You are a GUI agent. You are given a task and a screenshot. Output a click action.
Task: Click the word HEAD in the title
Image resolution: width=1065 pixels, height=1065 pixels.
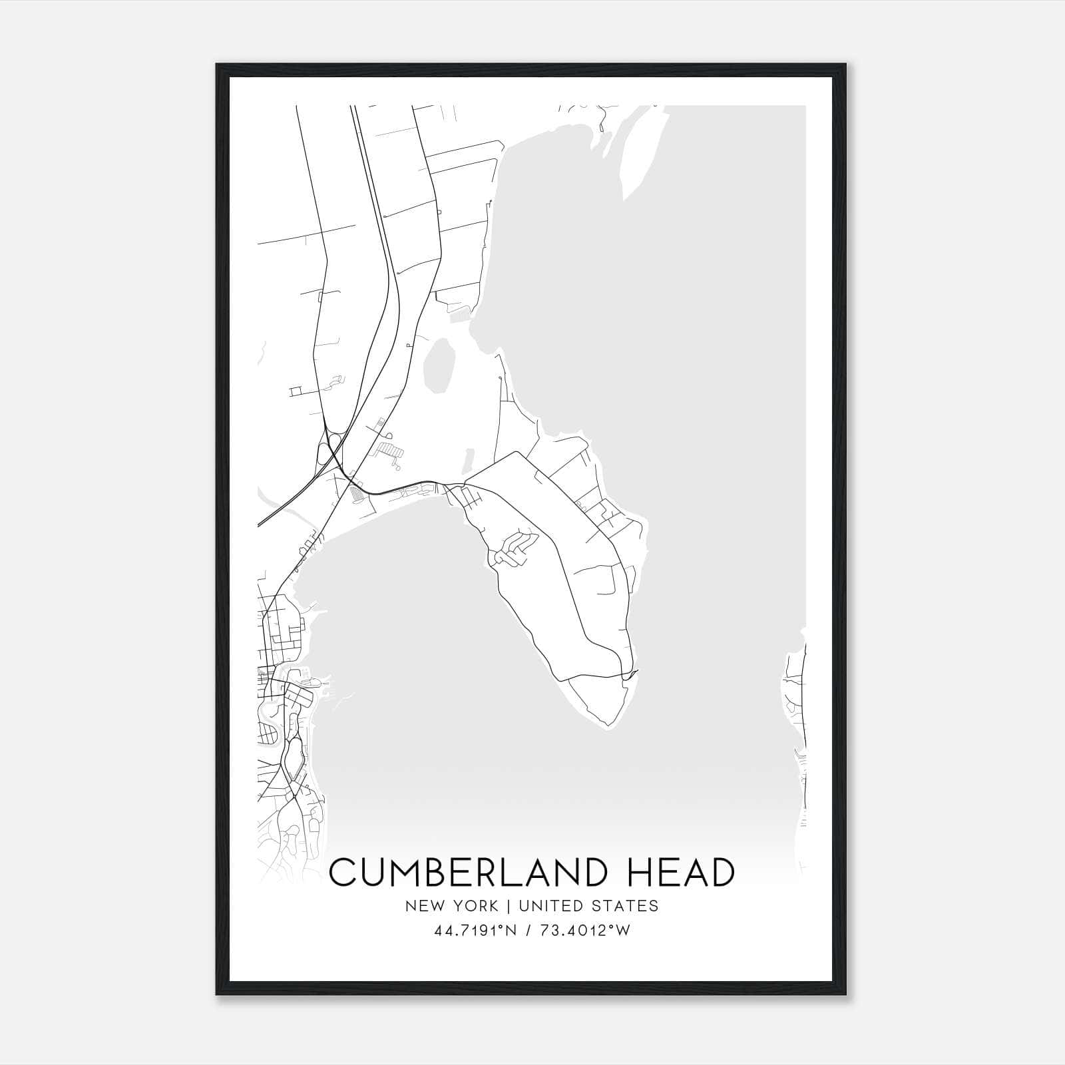point(678,873)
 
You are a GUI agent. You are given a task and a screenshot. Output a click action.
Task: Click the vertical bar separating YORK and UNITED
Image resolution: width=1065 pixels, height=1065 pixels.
point(508,905)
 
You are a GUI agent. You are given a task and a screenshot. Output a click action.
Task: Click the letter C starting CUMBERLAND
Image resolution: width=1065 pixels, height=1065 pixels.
point(344,873)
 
